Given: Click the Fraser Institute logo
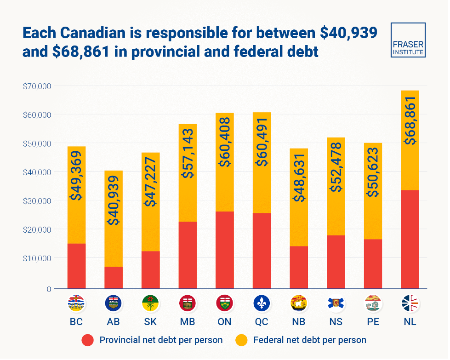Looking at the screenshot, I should (x=408, y=40).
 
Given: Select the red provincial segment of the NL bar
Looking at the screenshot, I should (x=410, y=239).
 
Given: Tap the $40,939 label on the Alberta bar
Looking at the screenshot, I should (x=114, y=201).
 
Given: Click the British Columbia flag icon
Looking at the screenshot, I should (x=76, y=303).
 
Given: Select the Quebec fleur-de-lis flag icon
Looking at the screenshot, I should (x=262, y=303).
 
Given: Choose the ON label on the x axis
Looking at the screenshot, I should (x=224, y=322).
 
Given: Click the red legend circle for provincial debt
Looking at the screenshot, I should (x=88, y=340).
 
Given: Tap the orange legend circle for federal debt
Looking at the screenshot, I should (x=241, y=340).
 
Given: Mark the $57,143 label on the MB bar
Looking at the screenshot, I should (x=188, y=153).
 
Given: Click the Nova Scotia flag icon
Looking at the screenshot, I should (x=336, y=303).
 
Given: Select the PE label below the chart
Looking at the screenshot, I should (x=373, y=322).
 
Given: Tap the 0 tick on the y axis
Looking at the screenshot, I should (x=47, y=289).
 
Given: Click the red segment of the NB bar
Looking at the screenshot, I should (x=299, y=267).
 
